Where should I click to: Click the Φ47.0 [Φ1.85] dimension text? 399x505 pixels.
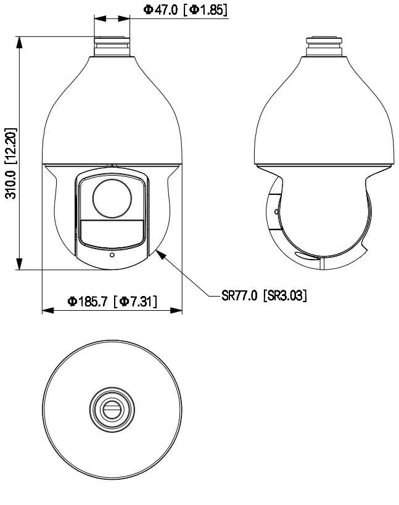(x=186, y=10)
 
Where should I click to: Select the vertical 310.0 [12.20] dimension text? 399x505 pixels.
(x=10, y=165)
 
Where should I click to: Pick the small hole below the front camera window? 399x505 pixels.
(x=112, y=255)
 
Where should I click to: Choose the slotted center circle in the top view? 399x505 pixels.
(x=112, y=408)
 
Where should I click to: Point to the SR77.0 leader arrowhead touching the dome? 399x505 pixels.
(x=159, y=250)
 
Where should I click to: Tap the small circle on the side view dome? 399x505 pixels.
(x=275, y=211)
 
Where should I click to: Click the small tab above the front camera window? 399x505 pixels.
(x=112, y=165)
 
